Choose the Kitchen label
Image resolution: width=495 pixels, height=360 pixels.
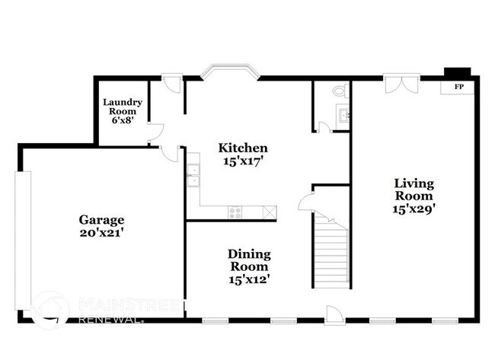click(243, 148)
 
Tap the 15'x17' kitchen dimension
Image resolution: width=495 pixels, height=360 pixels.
click(243, 161)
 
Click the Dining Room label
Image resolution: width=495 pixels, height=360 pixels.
click(249, 260)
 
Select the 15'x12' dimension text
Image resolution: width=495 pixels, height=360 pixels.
click(249, 279)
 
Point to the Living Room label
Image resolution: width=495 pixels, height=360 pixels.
click(414, 189)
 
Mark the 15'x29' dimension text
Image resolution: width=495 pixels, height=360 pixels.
click(414, 207)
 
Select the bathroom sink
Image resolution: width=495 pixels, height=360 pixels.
click(343, 116)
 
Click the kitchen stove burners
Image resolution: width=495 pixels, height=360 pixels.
click(235, 212)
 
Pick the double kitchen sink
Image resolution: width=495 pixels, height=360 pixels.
click(193, 176)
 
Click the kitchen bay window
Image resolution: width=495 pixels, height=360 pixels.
click(230, 74)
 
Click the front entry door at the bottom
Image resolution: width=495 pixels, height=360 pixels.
click(334, 314)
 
